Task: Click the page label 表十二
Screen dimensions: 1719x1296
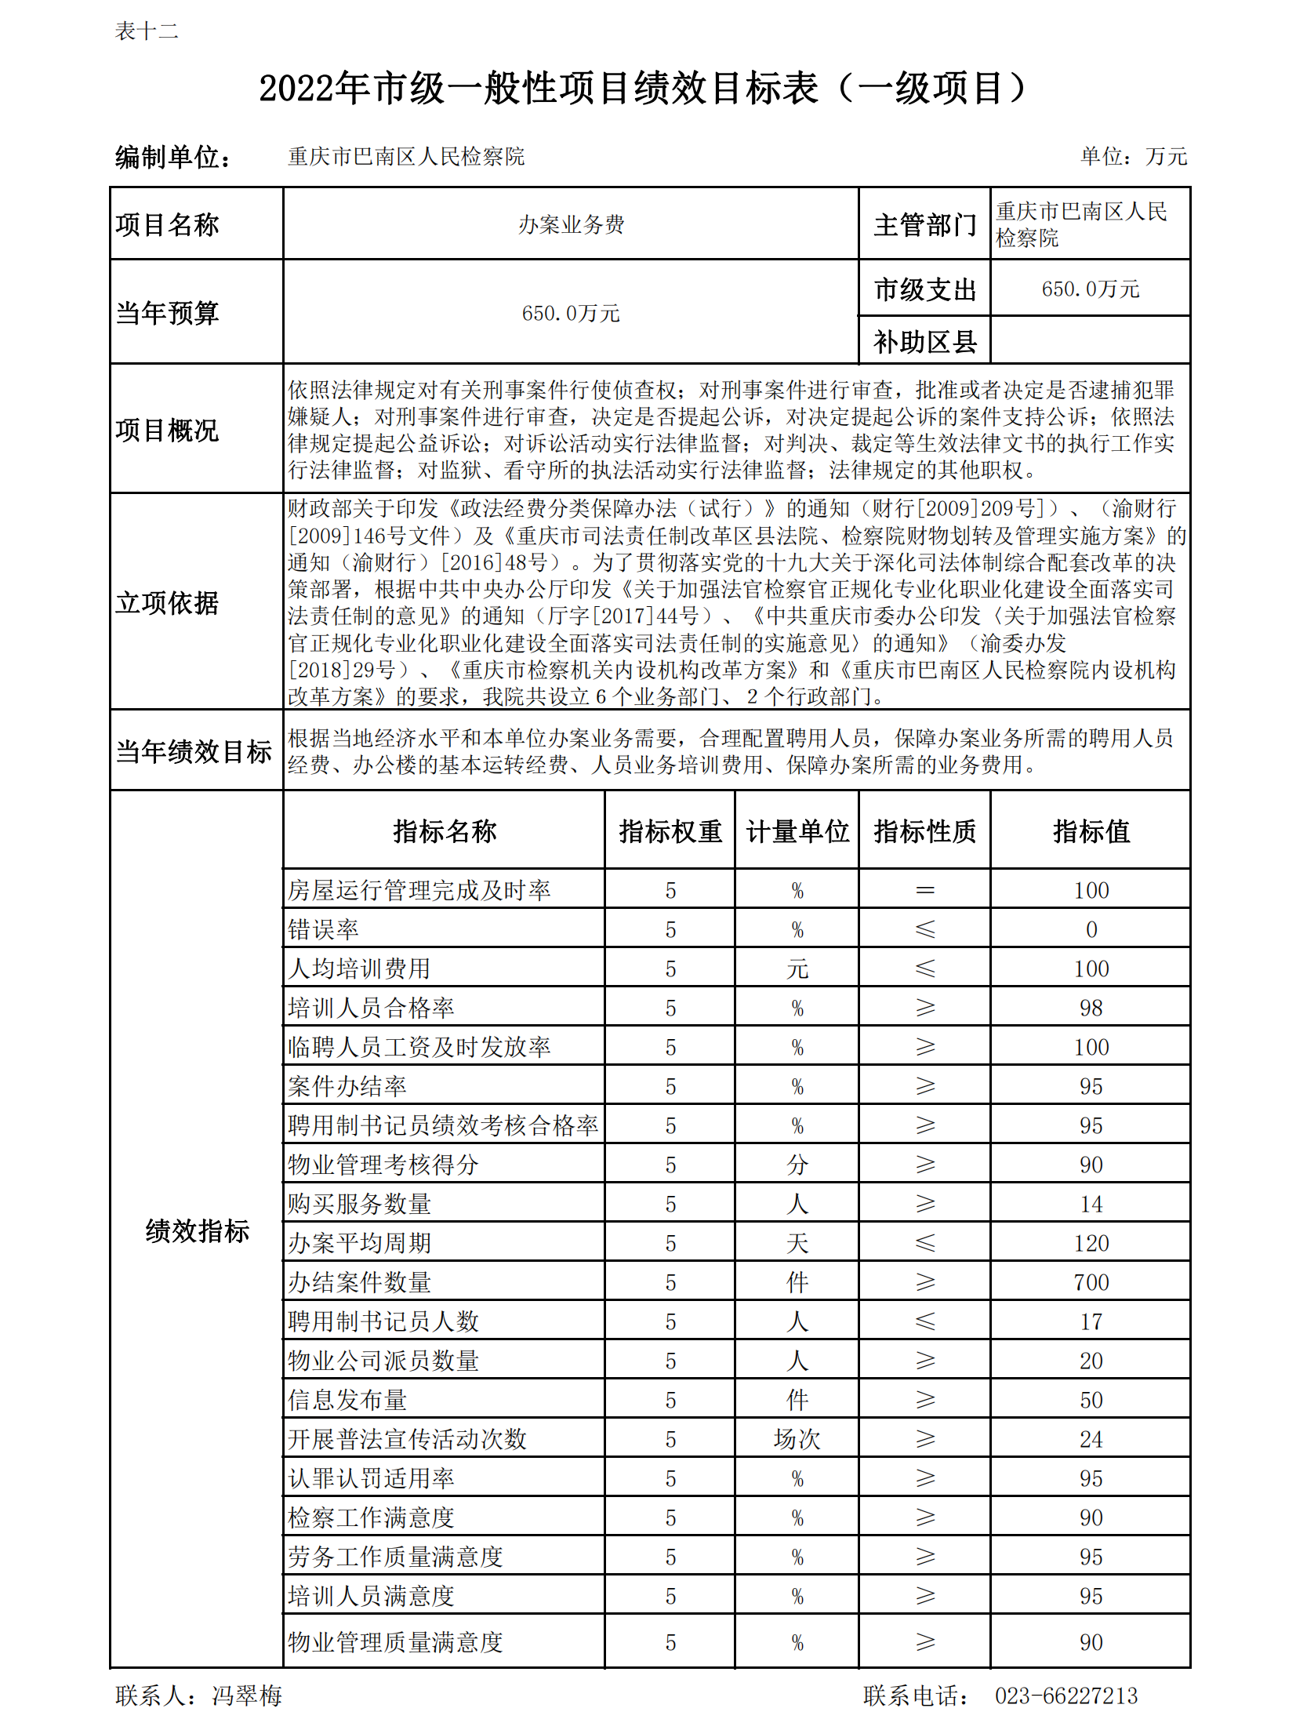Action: [x=147, y=31]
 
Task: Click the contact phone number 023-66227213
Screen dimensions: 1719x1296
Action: [x=1065, y=1695]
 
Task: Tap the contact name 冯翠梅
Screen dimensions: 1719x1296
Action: [x=247, y=1695]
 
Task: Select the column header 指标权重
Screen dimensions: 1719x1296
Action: [x=670, y=831]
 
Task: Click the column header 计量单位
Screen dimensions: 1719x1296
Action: [x=797, y=831]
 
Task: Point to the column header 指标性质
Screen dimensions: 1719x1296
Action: [x=924, y=831]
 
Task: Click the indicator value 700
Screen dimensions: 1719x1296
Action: [x=1091, y=1282]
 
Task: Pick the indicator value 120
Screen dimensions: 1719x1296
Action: [x=1091, y=1243]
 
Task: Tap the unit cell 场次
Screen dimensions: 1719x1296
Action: [x=797, y=1439]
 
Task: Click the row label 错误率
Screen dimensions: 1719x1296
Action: [x=323, y=929]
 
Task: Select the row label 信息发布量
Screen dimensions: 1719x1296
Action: [x=347, y=1400]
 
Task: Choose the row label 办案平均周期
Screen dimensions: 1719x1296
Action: [x=359, y=1243]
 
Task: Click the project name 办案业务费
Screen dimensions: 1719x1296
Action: [x=571, y=225]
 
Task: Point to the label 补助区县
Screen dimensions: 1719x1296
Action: [x=924, y=342]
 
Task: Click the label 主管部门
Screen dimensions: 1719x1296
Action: [x=924, y=225]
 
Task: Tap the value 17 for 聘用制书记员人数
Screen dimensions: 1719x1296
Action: [x=1091, y=1321]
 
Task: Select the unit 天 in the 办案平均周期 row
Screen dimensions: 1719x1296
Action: [x=797, y=1243]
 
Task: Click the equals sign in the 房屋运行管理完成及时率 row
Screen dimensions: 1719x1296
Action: [x=925, y=890]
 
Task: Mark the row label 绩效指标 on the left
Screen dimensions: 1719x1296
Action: [x=197, y=1230]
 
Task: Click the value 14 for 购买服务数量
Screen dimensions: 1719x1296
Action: [x=1091, y=1204]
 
